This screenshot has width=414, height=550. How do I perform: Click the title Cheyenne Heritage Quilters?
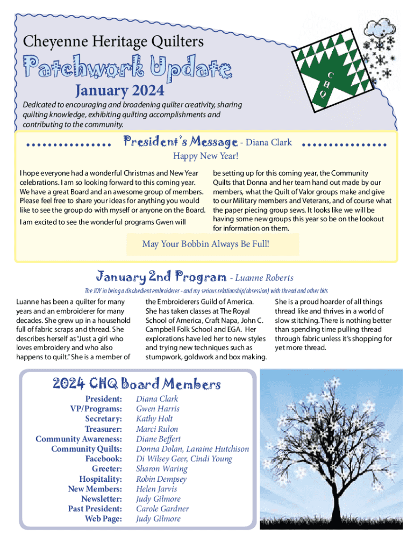coord(113,41)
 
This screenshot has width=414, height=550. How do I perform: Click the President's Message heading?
coord(181,142)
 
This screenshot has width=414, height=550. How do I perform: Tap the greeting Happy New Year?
coord(205,156)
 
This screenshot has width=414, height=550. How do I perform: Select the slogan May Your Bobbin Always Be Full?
coord(205,244)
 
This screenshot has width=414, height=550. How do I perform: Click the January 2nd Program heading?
coord(161,277)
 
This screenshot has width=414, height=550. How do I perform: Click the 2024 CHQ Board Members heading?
coord(137,384)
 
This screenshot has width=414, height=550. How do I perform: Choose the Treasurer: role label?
coord(103,429)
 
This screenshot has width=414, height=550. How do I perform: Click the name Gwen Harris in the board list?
coord(158,409)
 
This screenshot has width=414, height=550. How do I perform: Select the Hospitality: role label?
coord(101,479)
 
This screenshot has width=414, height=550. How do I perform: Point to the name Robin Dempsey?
coord(161,479)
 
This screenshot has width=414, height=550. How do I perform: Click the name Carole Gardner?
coord(162,509)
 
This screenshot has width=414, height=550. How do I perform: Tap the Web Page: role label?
coord(103,519)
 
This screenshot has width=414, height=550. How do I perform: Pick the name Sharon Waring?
coord(161,469)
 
